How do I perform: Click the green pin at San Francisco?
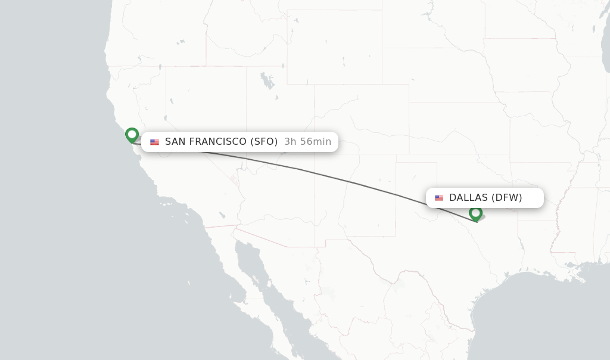[x=132, y=135]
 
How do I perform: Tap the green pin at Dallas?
[x=475, y=213]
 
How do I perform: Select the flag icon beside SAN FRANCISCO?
[x=155, y=142]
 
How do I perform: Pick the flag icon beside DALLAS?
[x=439, y=198]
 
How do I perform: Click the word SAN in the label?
[x=175, y=142]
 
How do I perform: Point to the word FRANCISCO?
[x=216, y=142]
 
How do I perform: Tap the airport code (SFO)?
[x=264, y=142]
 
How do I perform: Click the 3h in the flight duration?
[x=290, y=142]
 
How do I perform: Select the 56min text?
[x=316, y=142]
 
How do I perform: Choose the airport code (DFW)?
[x=507, y=198]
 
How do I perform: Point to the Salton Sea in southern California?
[x=222, y=215]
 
